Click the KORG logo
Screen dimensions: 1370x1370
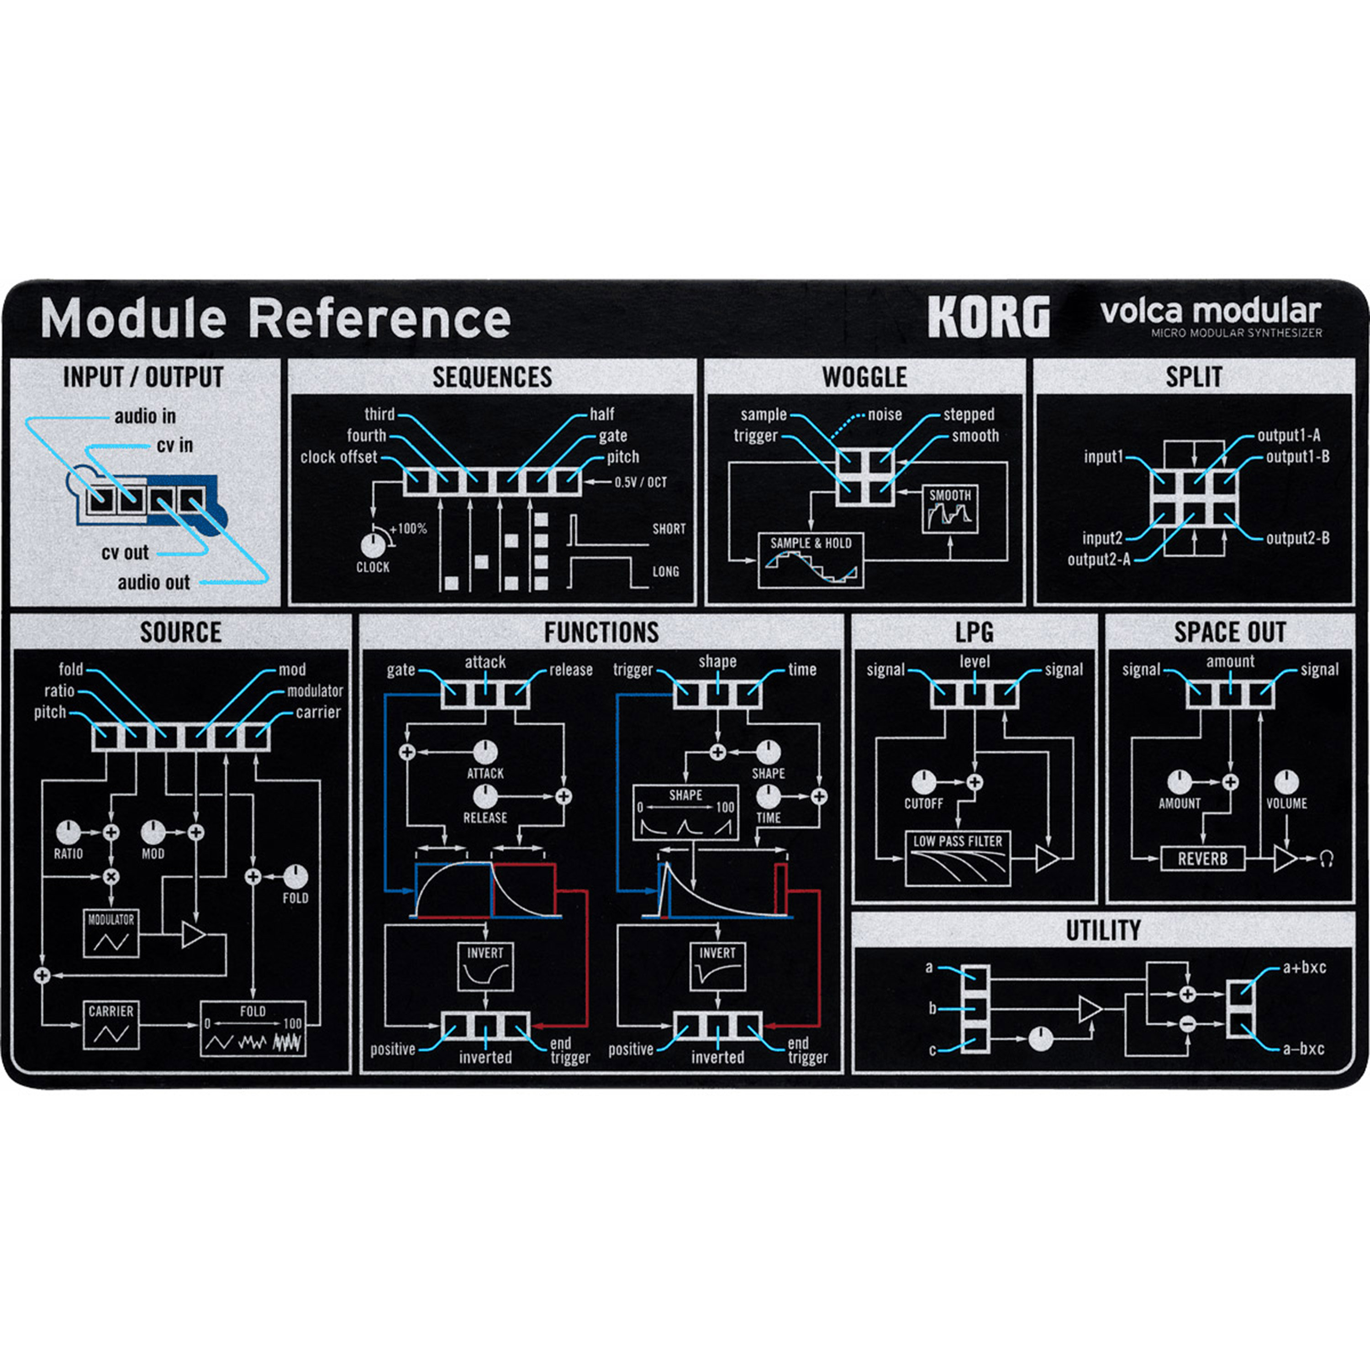pos(989,316)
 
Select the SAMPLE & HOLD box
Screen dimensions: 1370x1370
pos(811,561)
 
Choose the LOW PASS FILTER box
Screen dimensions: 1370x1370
pos(957,859)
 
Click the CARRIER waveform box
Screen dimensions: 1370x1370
pos(111,1025)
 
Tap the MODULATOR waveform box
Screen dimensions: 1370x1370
pos(111,933)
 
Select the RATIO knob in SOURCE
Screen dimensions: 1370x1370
pos(68,832)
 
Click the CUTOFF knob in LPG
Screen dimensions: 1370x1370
pos(923,783)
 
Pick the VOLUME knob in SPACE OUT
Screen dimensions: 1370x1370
pos(1286,782)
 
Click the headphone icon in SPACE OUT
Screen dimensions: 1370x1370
pos(1327,859)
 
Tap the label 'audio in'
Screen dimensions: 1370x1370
pos(145,416)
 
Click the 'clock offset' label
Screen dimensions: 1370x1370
pos(338,458)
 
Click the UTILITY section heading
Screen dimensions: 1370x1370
pos(1103,930)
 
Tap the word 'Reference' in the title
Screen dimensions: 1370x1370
pos(379,318)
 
